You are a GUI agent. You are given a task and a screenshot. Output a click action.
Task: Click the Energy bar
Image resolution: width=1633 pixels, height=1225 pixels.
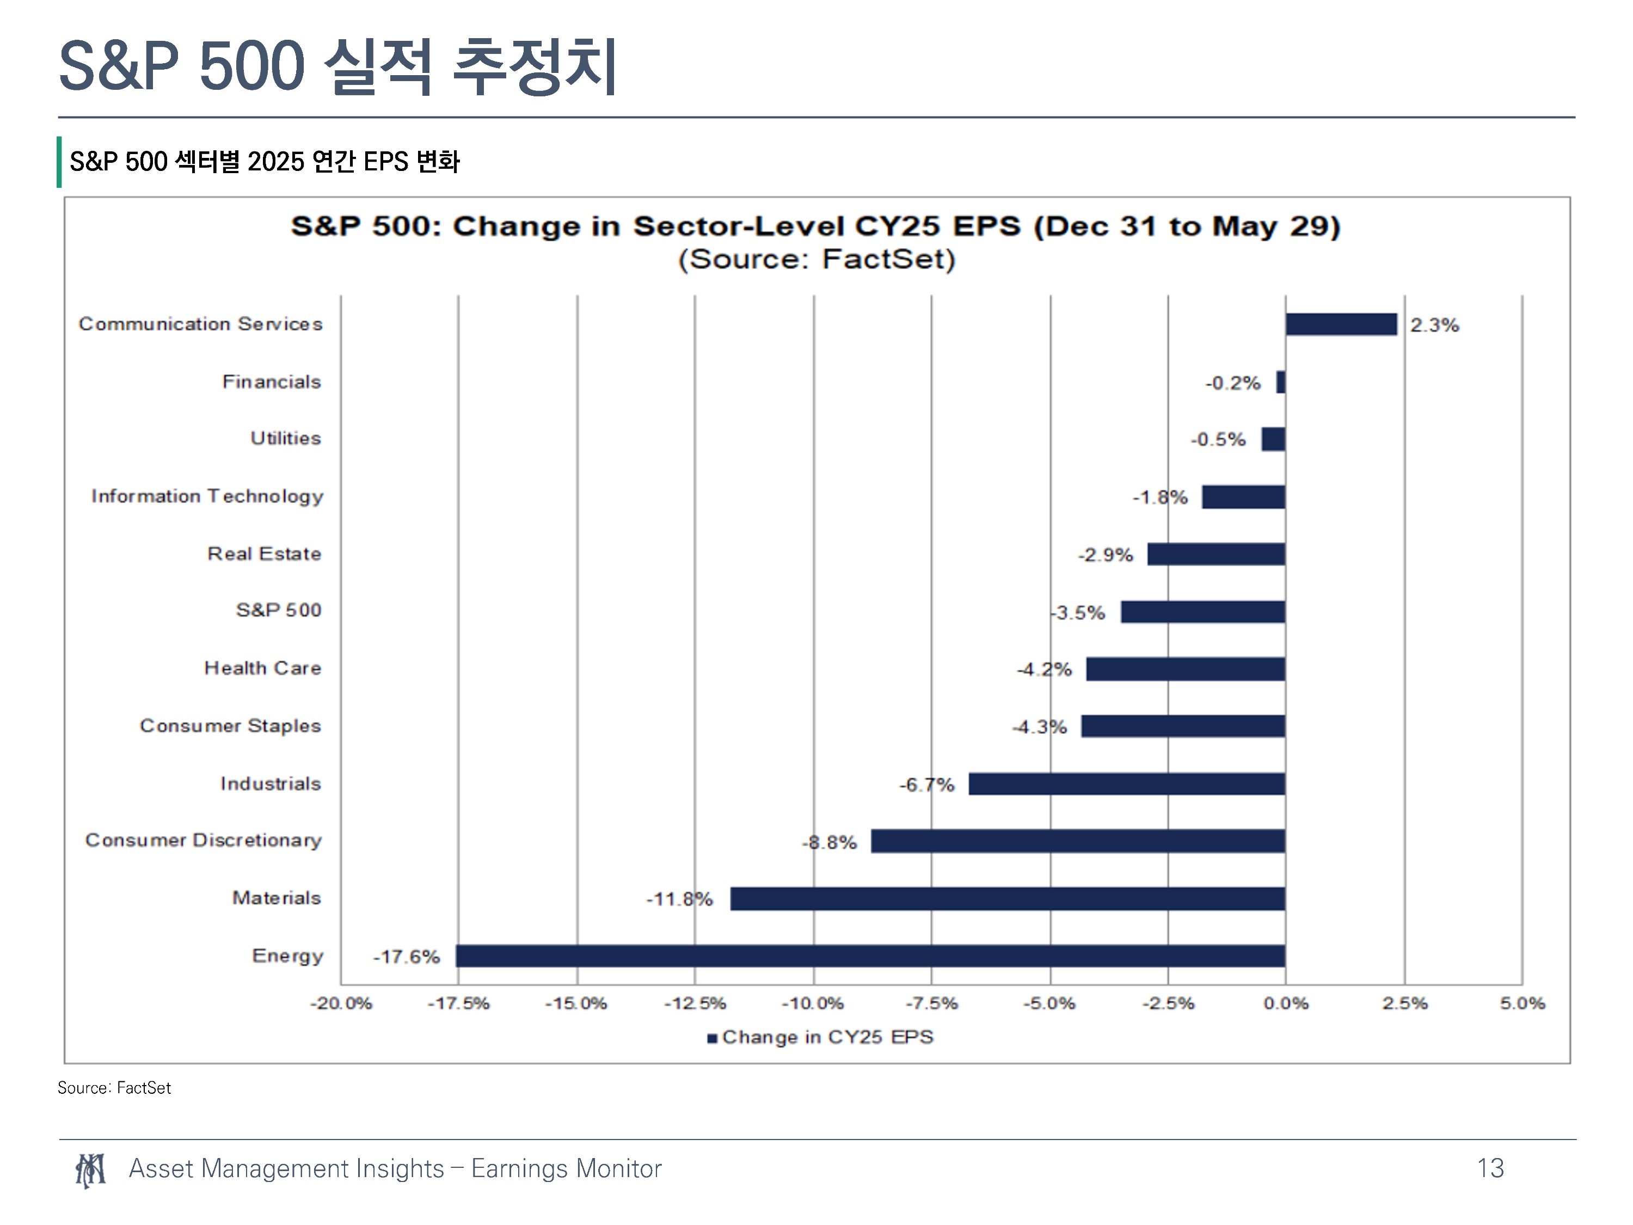coord(870,955)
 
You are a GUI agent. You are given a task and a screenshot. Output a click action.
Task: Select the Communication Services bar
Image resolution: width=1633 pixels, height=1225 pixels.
coord(1341,324)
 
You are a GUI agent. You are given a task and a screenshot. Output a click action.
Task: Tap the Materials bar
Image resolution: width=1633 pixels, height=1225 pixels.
coord(1008,899)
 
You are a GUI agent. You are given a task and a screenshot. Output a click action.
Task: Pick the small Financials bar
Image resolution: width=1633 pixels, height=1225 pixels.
coord(1281,382)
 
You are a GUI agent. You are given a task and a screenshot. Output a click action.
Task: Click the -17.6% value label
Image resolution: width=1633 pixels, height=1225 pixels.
coord(406,957)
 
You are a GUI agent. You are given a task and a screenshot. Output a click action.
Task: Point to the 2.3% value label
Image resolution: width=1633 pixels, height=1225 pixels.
coord(1434,325)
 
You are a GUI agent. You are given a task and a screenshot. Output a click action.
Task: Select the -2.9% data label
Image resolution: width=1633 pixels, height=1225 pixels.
coord(1105,555)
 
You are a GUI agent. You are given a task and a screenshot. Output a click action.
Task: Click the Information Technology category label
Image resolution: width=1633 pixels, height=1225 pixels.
coord(207,496)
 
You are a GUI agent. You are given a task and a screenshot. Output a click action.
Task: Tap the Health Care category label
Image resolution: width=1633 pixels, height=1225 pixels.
coord(263,667)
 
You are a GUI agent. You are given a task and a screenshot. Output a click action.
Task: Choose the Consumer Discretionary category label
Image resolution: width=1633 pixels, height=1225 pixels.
coord(204,840)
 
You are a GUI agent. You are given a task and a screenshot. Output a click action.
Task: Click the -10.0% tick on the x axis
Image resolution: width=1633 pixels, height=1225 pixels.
coord(812,1003)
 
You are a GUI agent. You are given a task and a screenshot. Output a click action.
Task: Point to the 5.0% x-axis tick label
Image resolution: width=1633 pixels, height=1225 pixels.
coord(1523,1003)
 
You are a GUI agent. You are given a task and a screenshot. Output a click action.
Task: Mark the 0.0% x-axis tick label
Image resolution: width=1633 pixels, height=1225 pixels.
coord(1286,1003)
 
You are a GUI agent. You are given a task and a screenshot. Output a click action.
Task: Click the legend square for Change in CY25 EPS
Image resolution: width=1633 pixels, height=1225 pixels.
coord(713,1038)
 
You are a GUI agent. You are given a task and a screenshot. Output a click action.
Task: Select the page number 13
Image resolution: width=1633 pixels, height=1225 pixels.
coord(1490,1168)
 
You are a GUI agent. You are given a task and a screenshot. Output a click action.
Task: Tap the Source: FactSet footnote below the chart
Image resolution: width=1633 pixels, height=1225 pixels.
coord(114,1088)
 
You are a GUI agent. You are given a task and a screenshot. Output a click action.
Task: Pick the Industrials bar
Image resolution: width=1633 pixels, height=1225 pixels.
coord(1127,783)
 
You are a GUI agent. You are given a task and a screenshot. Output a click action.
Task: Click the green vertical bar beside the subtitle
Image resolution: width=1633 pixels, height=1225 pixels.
coord(59,162)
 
